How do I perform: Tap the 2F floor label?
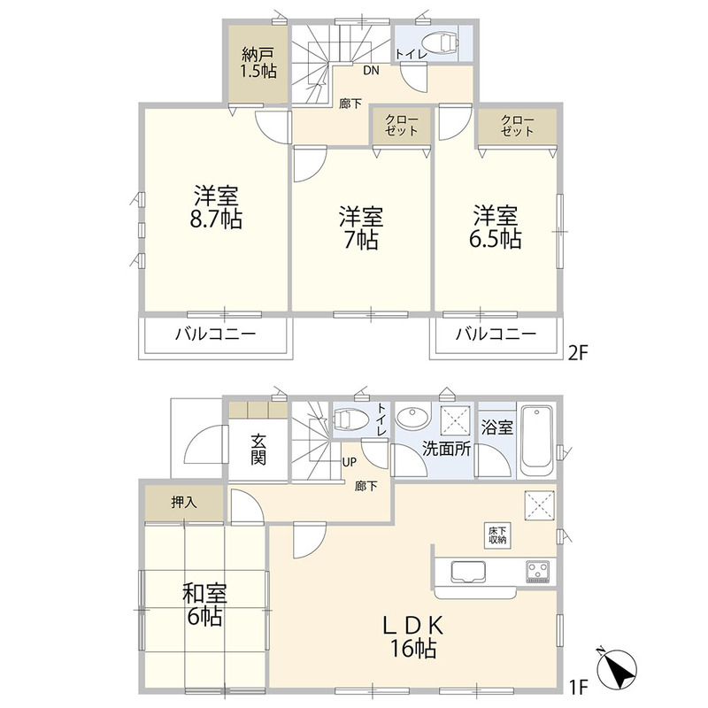[x=579, y=353]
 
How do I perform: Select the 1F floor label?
[x=578, y=688]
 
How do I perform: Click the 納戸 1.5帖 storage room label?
[x=258, y=63]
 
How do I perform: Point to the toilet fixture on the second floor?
[x=442, y=42]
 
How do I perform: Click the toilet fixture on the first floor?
[x=349, y=419]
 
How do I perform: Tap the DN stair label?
[x=371, y=71]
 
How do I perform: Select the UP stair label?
[x=349, y=462]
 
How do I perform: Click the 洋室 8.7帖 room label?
[x=216, y=207]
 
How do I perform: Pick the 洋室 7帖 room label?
[x=361, y=228]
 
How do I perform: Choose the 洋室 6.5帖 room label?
[x=496, y=227]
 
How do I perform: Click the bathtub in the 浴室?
[x=537, y=441]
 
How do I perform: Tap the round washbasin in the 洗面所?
[x=412, y=418]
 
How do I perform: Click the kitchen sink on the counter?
[x=468, y=572]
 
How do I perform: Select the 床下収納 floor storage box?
[x=497, y=536]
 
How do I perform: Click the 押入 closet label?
[x=184, y=502]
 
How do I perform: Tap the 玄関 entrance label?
[x=258, y=450]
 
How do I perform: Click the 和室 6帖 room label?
[x=204, y=605]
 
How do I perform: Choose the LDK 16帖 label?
[x=413, y=637]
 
